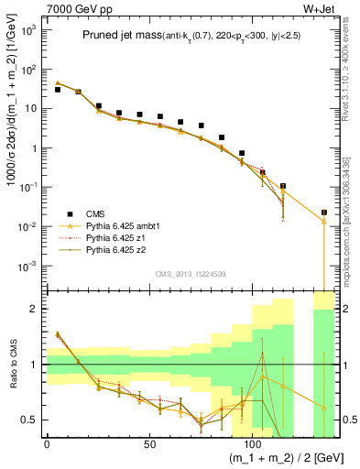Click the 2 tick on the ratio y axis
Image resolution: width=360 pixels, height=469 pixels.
pyautogui.click(x=32, y=309)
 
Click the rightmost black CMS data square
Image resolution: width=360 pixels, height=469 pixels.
pyautogui.click(x=324, y=213)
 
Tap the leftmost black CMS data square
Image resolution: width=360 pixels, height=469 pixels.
pyautogui.click(x=58, y=90)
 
